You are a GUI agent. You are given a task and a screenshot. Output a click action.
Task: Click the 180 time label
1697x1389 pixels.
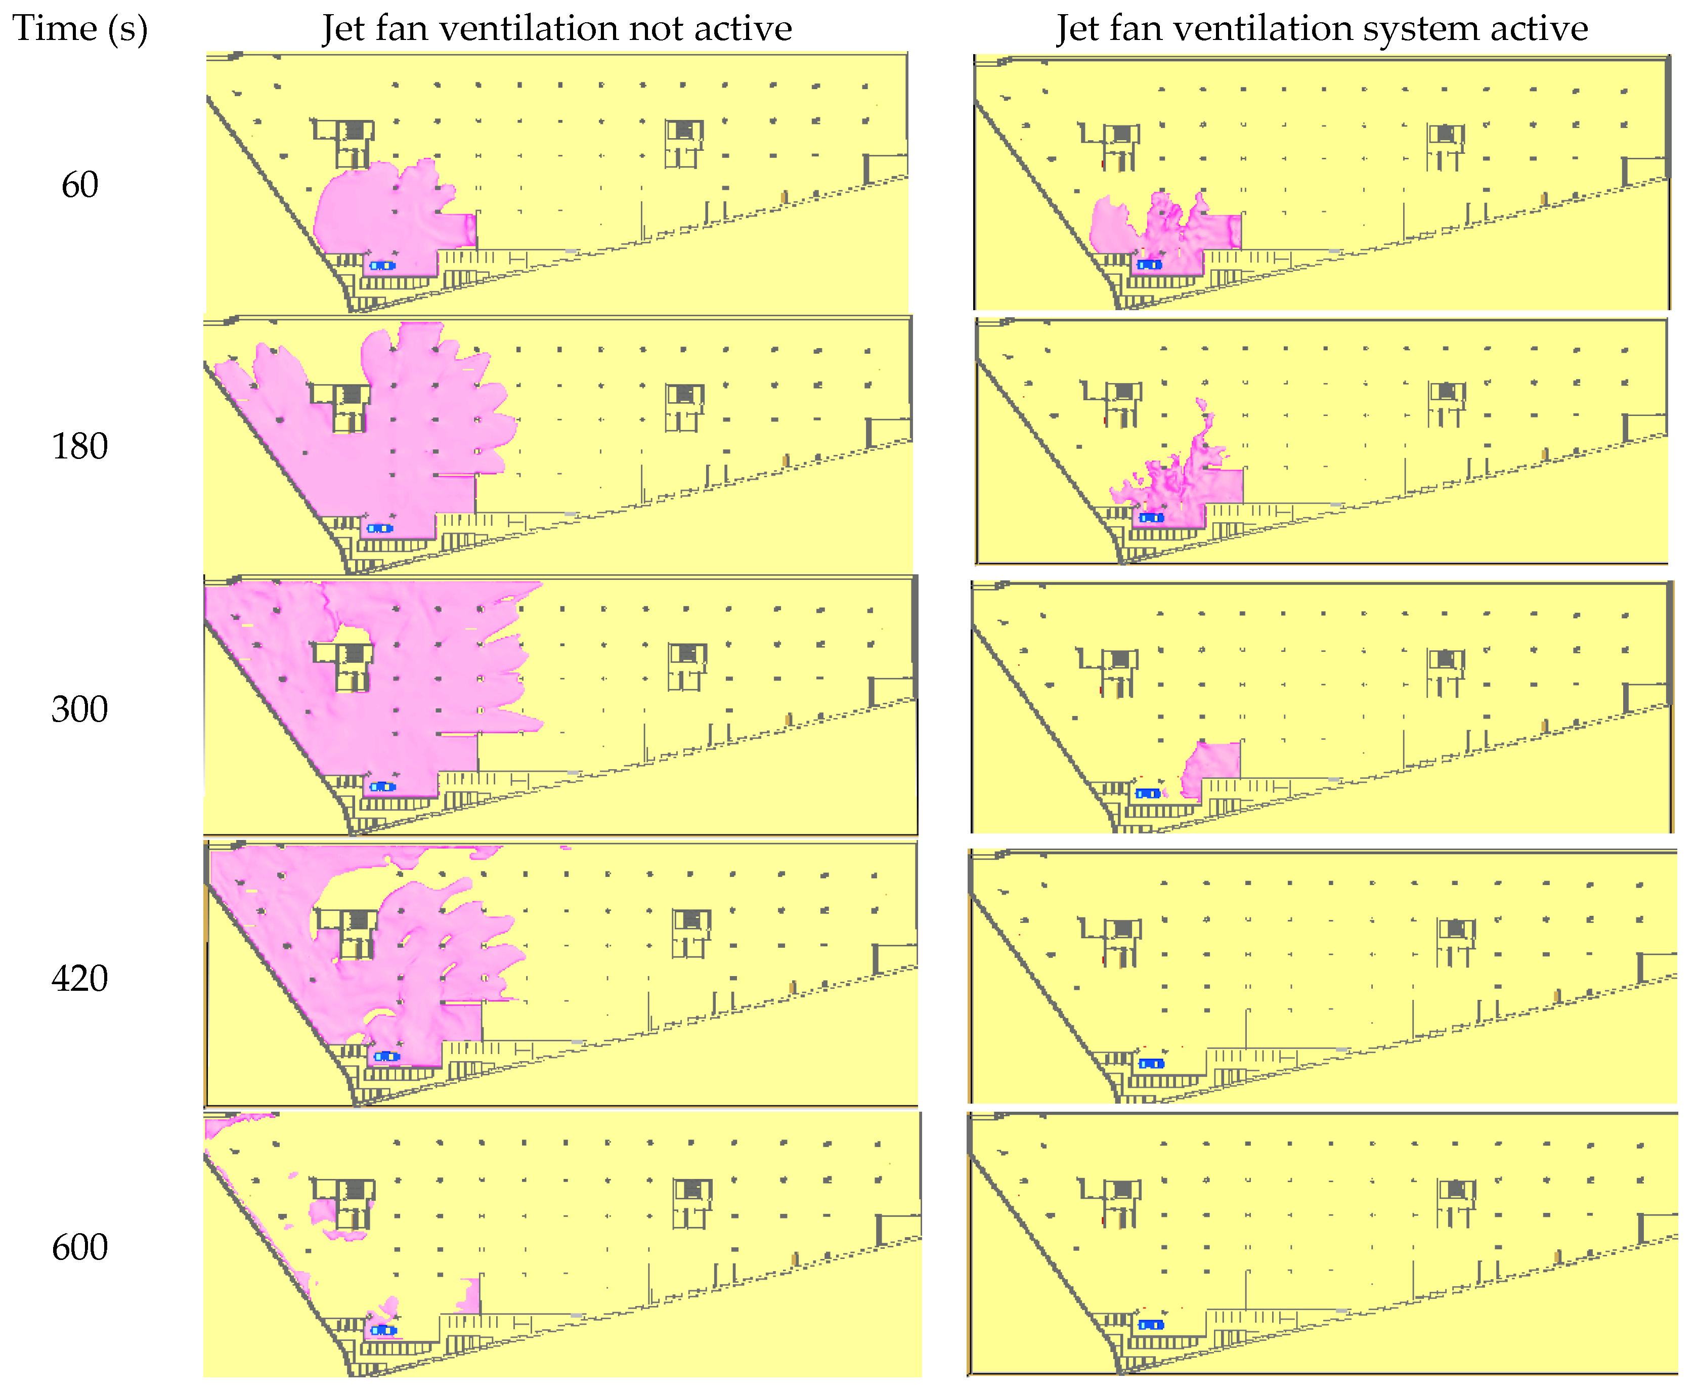tap(80, 446)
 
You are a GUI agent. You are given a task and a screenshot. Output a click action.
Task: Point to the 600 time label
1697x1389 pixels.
tap(80, 1247)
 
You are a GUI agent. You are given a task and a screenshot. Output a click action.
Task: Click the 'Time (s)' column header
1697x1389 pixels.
tap(80, 29)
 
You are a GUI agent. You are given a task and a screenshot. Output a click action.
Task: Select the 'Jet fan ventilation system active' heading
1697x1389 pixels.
tap(1322, 29)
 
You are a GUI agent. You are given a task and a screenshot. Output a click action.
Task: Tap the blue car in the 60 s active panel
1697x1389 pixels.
tap(1149, 264)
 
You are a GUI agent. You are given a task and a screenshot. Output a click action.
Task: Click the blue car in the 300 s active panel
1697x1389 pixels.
tap(1148, 794)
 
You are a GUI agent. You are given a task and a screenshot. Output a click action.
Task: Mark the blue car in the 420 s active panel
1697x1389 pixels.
tap(1151, 1063)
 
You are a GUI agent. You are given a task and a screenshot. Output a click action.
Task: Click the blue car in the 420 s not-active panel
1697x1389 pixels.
tap(387, 1056)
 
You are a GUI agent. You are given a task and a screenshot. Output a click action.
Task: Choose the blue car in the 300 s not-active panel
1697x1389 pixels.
tap(383, 786)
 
